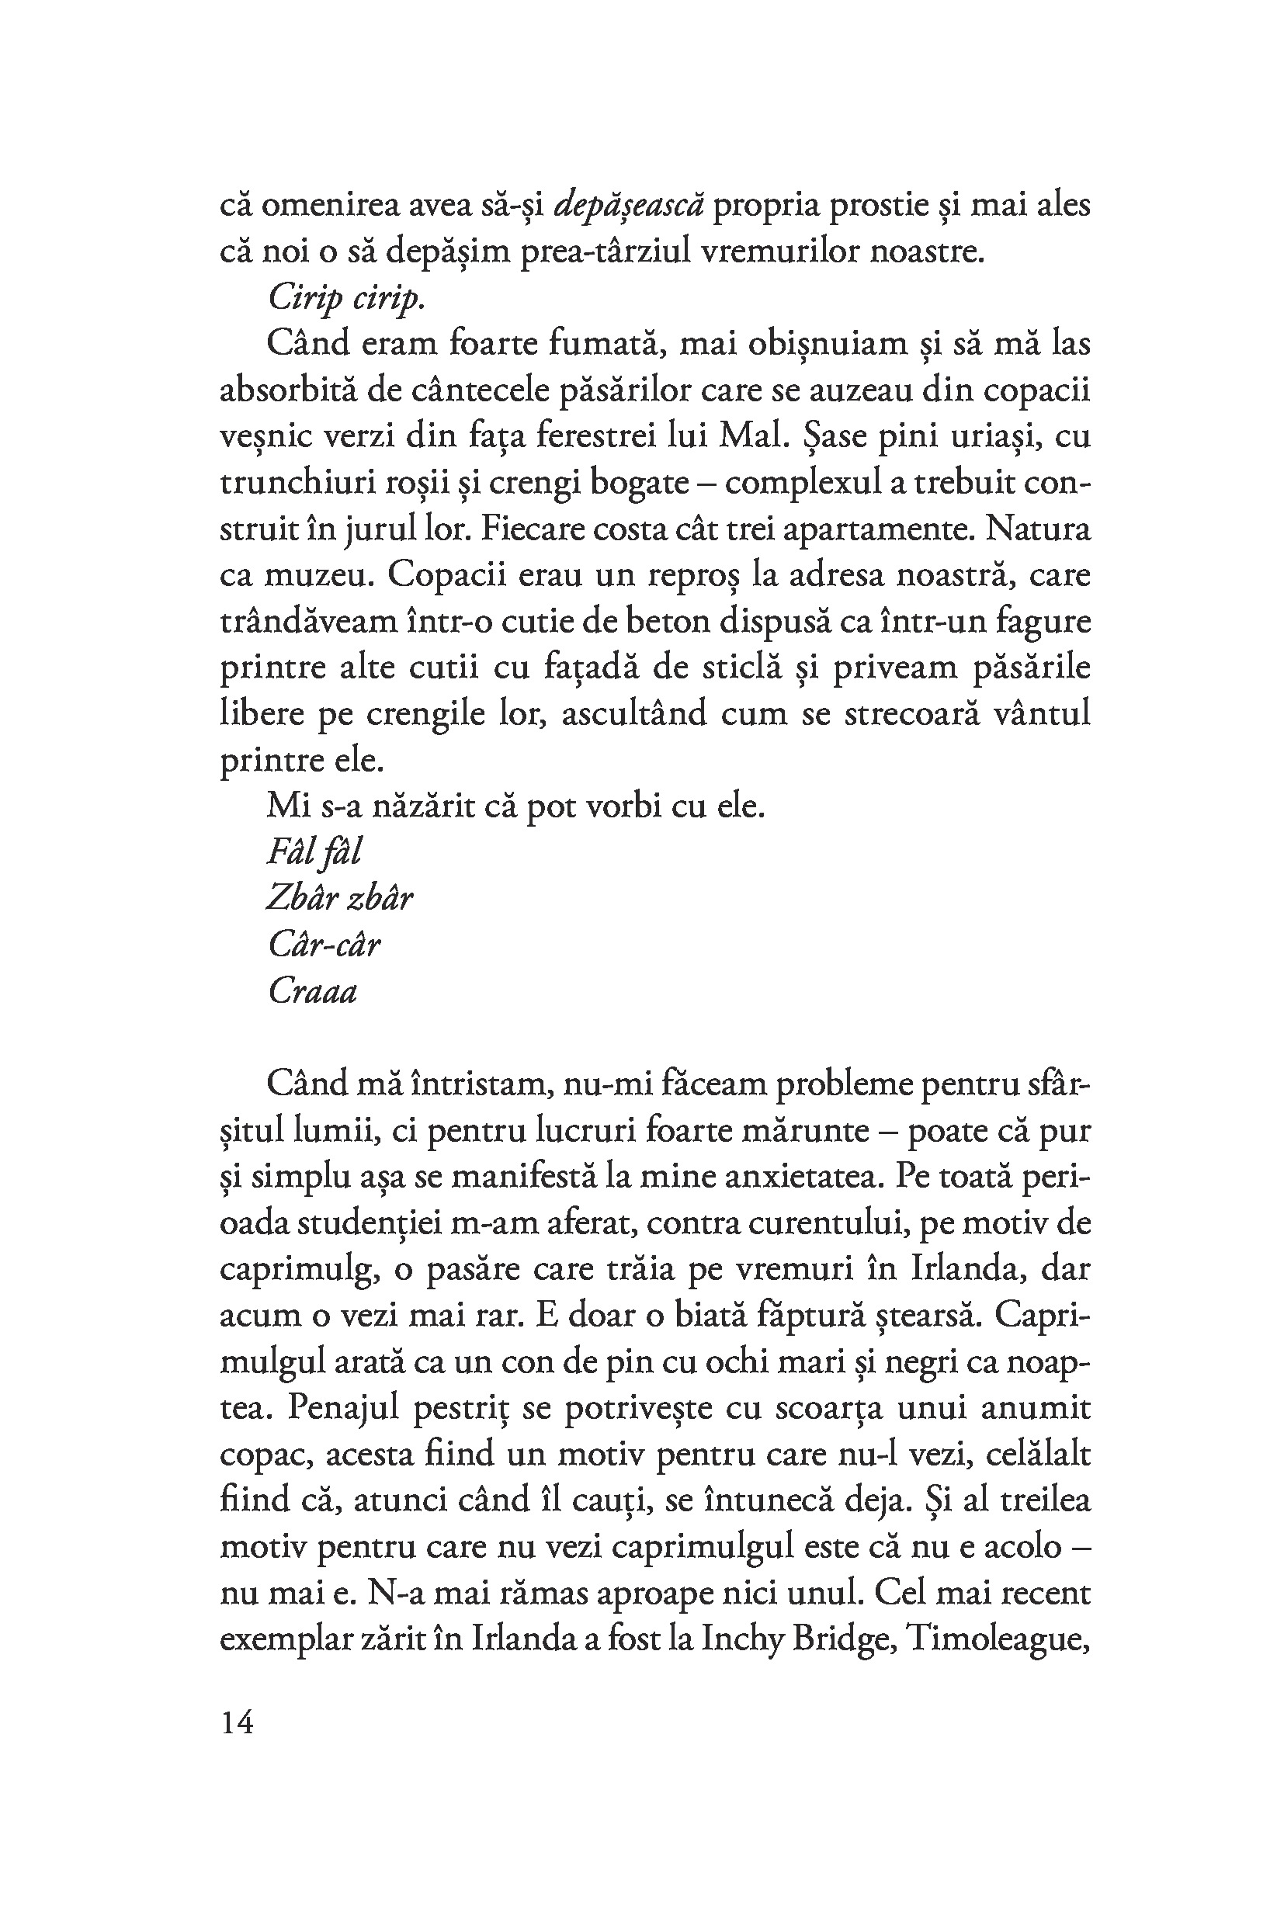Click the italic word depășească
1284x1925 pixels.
tap(628, 206)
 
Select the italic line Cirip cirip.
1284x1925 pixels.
tap(346, 299)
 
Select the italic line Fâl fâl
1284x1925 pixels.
tap(314, 852)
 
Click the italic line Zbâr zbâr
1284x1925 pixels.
tap(339, 899)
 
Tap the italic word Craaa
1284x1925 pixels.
tap(313, 993)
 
